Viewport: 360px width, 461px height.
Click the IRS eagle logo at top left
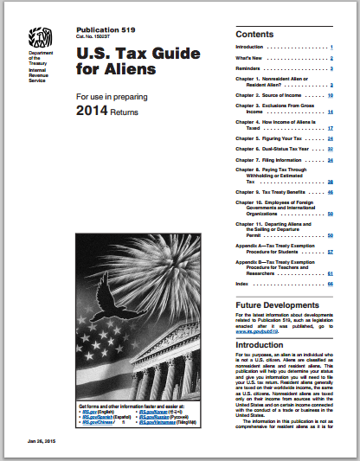pos(38,38)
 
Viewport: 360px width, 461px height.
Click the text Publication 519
pos(104,29)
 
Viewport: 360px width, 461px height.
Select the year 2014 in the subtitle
pos(94,112)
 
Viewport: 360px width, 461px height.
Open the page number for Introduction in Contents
pos(331,47)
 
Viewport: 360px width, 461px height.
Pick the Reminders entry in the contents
pos(251,67)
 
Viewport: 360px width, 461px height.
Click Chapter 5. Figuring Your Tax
pos(266,138)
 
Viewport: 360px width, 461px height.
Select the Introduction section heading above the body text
pos(259,343)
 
